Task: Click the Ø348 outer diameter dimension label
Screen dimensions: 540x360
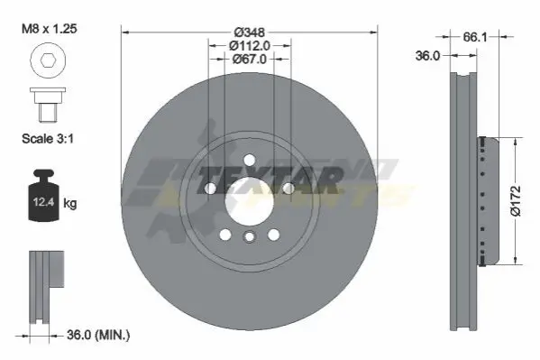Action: coord(250,32)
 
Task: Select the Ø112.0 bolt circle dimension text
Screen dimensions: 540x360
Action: coord(250,45)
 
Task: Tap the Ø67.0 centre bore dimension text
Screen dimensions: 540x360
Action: coord(250,59)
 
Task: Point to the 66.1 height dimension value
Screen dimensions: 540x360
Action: coord(475,37)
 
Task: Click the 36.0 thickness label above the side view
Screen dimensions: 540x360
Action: coord(427,56)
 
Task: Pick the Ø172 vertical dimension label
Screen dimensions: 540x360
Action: coord(516,200)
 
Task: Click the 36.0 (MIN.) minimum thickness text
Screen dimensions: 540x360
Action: coord(98,335)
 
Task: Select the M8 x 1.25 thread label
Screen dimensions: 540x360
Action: coord(50,28)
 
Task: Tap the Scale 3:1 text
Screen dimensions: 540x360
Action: coord(48,139)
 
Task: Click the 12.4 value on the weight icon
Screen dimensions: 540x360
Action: coord(43,202)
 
